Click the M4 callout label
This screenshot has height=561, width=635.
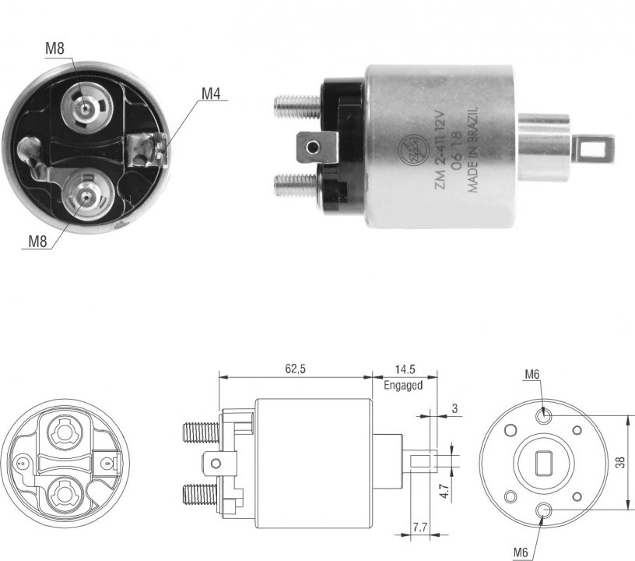tap(211, 93)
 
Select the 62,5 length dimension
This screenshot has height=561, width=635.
tap(295, 369)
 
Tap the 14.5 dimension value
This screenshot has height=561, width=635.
tap(405, 369)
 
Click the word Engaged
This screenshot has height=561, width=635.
tap(403, 385)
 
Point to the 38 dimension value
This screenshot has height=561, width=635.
tap(620, 463)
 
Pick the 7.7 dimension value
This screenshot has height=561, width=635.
tap(420, 527)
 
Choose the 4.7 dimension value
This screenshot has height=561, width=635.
tap(444, 490)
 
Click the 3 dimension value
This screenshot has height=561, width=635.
tap(454, 408)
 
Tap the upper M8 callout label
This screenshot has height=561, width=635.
tap(54, 48)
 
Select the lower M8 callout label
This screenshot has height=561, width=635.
tap(37, 242)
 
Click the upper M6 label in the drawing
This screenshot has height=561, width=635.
tap(532, 374)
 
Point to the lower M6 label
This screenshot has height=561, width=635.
tap(521, 552)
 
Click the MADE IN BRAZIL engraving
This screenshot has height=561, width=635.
tap(473, 150)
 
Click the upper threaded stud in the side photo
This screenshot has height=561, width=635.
tap(296, 106)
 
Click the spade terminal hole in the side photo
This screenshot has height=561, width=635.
tap(312, 146)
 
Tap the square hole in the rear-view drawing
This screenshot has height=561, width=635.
tap(544, 463)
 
